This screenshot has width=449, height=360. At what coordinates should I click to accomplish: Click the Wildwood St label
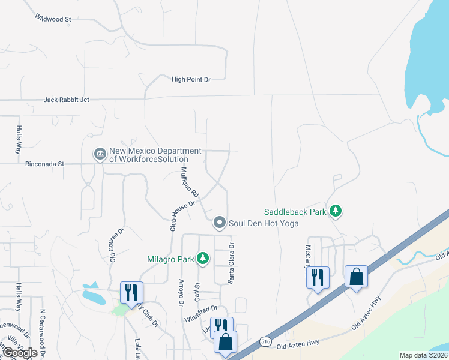click(53, 19)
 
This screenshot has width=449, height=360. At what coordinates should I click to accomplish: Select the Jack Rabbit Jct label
click(67, 100)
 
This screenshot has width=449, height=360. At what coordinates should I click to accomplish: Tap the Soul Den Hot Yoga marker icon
click(220, 223)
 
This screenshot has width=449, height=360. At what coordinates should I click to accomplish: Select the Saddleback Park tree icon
click(336, 211)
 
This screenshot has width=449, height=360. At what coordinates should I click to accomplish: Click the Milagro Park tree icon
click(203, 259)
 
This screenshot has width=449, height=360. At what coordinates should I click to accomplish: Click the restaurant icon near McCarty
click(318, 277)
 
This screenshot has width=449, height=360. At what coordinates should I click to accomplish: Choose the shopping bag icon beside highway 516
click(357, 277)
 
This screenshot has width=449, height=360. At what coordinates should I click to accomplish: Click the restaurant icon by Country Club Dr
click(131, 292)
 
